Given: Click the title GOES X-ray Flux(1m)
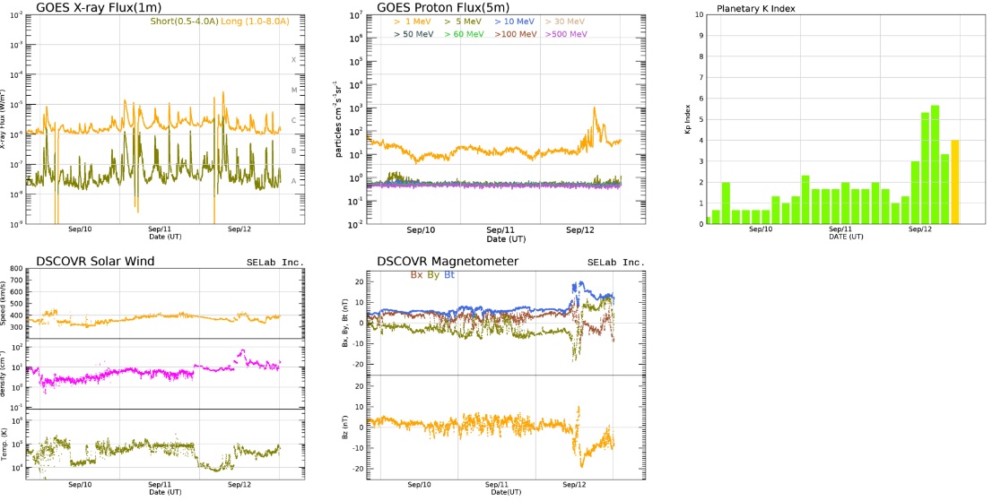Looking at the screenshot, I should click(x=98, y=8).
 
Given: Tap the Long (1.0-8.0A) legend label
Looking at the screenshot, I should click(x=248, y=22).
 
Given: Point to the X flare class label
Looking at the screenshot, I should click(x=293, y=60).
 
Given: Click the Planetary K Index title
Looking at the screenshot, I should click(x=754, y=9).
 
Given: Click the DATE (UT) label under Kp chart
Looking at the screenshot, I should click(x=846, y=237).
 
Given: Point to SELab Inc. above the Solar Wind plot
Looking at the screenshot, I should click(x=275, y=263).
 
